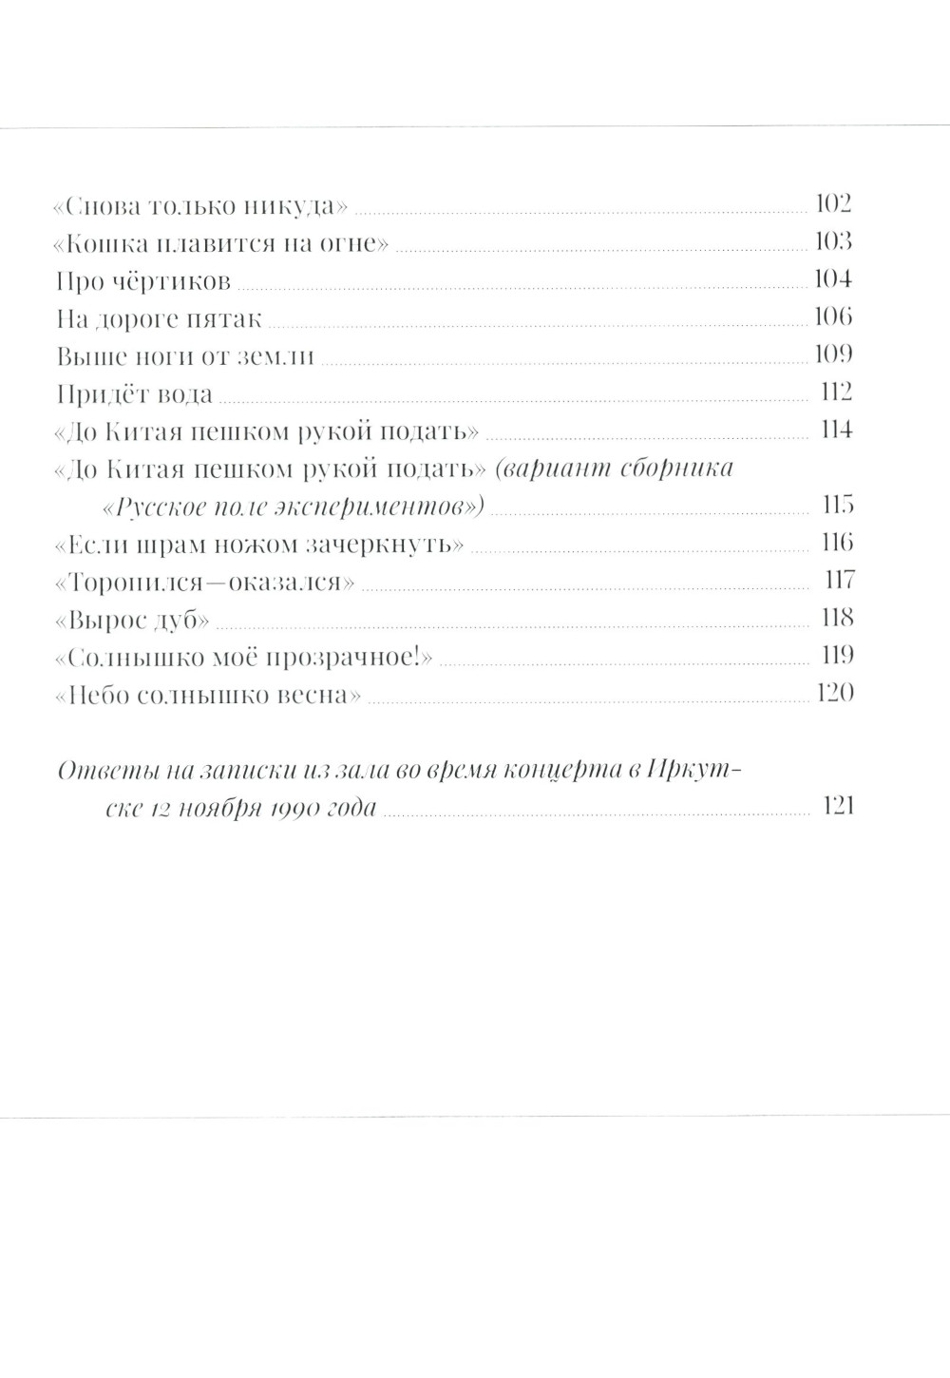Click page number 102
(833, 203)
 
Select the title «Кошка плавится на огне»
(221, 242)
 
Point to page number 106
(833, 316)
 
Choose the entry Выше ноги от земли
(184, 355)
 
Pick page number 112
(835, 392)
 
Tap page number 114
(836, 430)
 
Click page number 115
(836, 505)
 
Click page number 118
(837, 618)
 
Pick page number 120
(834, 693)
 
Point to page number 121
(837, 806)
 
